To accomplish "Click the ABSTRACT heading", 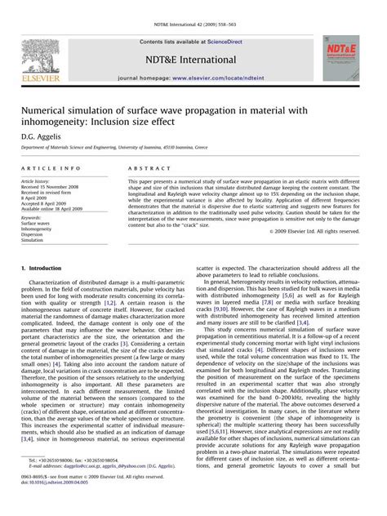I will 144,167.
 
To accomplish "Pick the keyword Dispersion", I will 37,235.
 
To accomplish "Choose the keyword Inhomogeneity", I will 40,229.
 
